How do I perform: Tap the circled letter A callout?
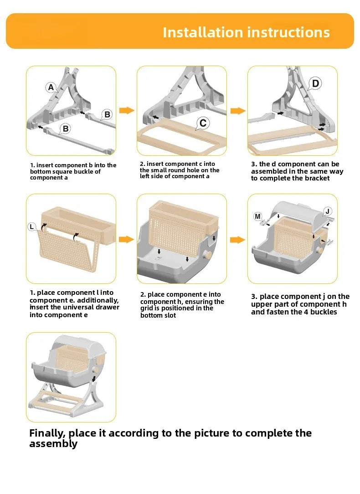pos(51,87)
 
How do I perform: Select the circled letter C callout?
pos(203,123)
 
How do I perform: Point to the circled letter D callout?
pos(315,83)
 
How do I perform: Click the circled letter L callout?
pos(31,226)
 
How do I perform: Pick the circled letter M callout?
pos(257,216)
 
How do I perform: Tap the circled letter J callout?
pos(328,211)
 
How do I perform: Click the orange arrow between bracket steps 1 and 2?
pos(127,110)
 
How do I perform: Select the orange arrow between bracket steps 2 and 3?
pos(238,111)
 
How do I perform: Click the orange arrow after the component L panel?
pos(127,239)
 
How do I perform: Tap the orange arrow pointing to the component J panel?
pos(237,240)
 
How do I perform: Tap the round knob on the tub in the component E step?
pos(207,255)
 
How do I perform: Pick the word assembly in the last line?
pos(53,444)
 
